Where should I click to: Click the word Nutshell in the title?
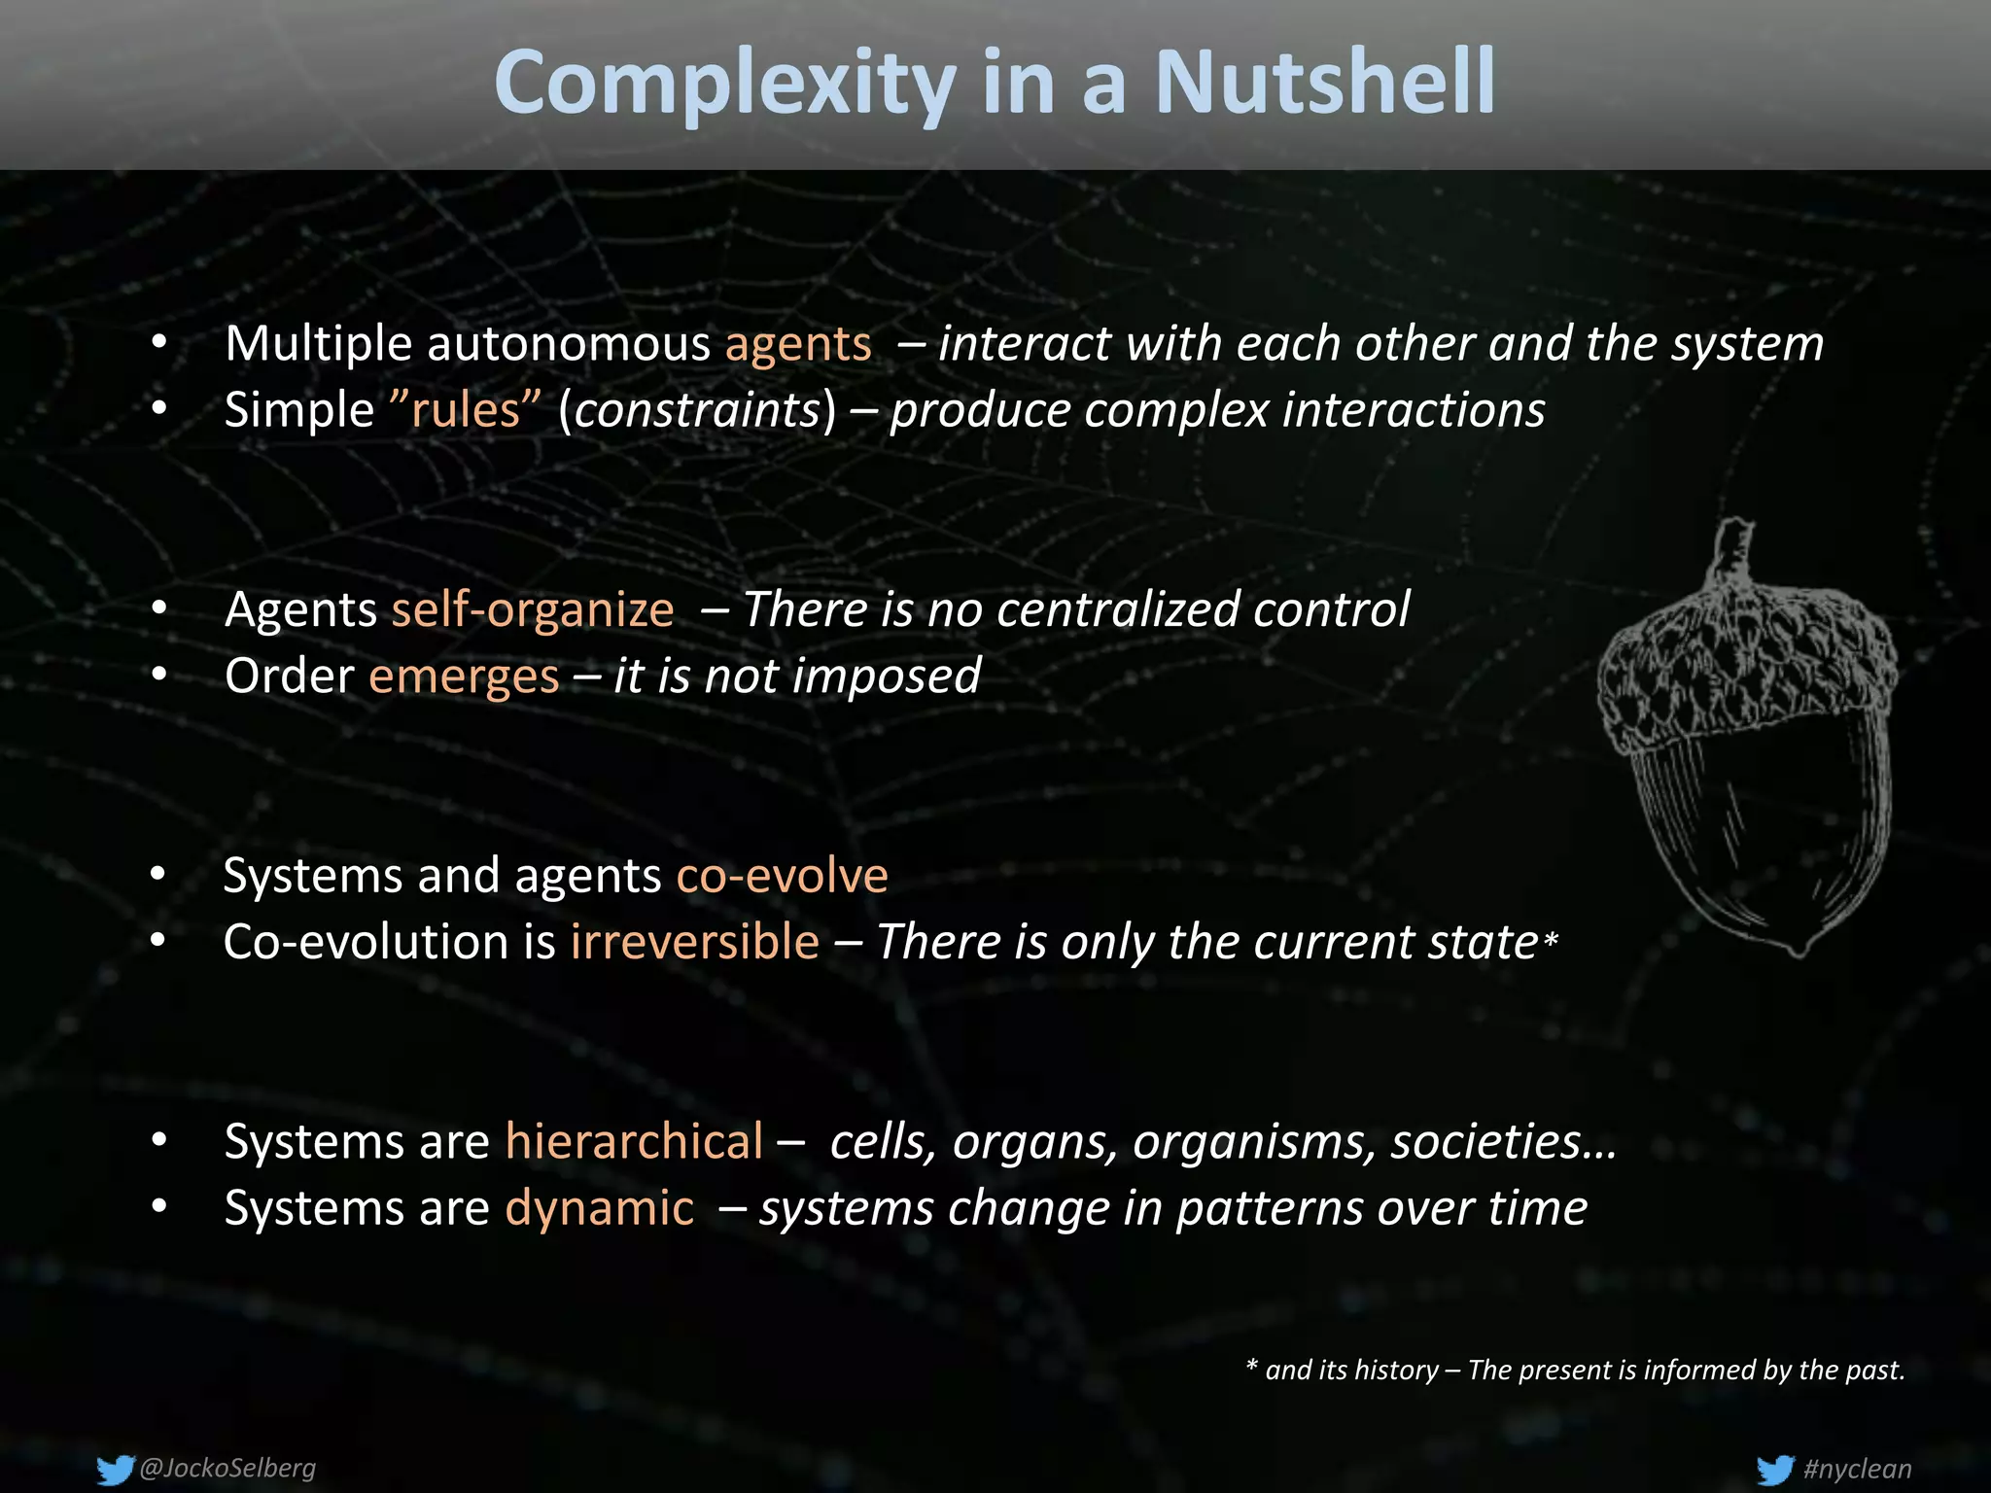[1324, 84]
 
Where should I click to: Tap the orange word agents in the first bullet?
[798, 344]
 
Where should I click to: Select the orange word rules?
[465, 410]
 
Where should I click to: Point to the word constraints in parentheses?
[698, 410]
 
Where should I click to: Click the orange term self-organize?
[533, 610]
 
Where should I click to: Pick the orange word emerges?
[464, 677]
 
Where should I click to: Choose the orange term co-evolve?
[782, 875]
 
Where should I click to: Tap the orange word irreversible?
[694, 942]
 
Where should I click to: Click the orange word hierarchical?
[634, 1141]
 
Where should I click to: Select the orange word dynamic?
[600, 1208]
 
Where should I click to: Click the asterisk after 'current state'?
[1551, 940]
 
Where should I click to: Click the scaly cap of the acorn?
[1745, 661]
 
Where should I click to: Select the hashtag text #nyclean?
[1857, 1469]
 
